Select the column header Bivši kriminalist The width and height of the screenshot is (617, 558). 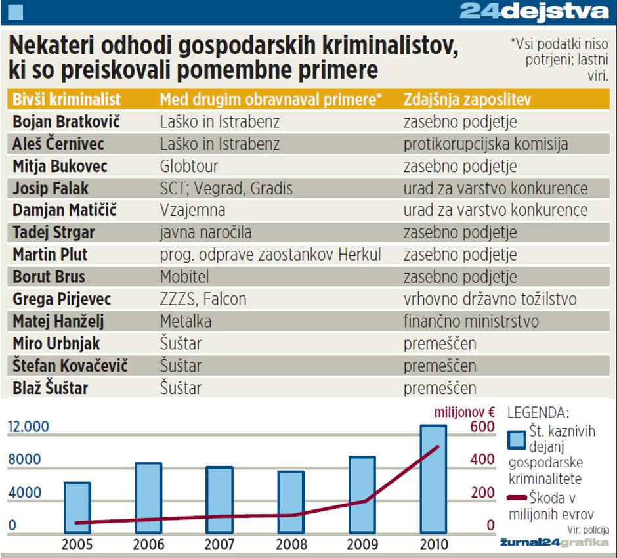pyautogui.click(x=66, y=99)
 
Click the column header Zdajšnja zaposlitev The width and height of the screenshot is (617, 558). pyautogui.click(x=467, y=99)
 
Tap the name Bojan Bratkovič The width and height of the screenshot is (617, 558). pyautogui.click(x=66, y=121)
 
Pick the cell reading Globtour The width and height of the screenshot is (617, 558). pyautogui.click(x=189, y=166)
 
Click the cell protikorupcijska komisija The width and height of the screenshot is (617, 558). pyautogui.click(x=486, y=144)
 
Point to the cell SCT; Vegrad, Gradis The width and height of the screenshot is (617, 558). pyautogui.click(x=226, y=188)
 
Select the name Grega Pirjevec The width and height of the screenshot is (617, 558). pyautogui.click(x=62, y=299)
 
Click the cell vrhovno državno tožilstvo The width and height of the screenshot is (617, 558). pyautogui.click(x=490, y=299)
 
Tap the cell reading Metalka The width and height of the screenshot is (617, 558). pyautogui.click(x=186, y=322)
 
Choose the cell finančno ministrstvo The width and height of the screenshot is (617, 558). pyautogui.click(x=471, y=322)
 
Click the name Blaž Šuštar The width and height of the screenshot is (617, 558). pyautogui.click(x=50, y=388)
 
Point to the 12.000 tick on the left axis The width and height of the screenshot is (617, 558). pyautogui.click(x=28, y=427)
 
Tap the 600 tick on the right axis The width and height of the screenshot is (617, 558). pyautogui.click(x=482, y=427)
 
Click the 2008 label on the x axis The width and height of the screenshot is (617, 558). pyautogui.click(x=291, y=544)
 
